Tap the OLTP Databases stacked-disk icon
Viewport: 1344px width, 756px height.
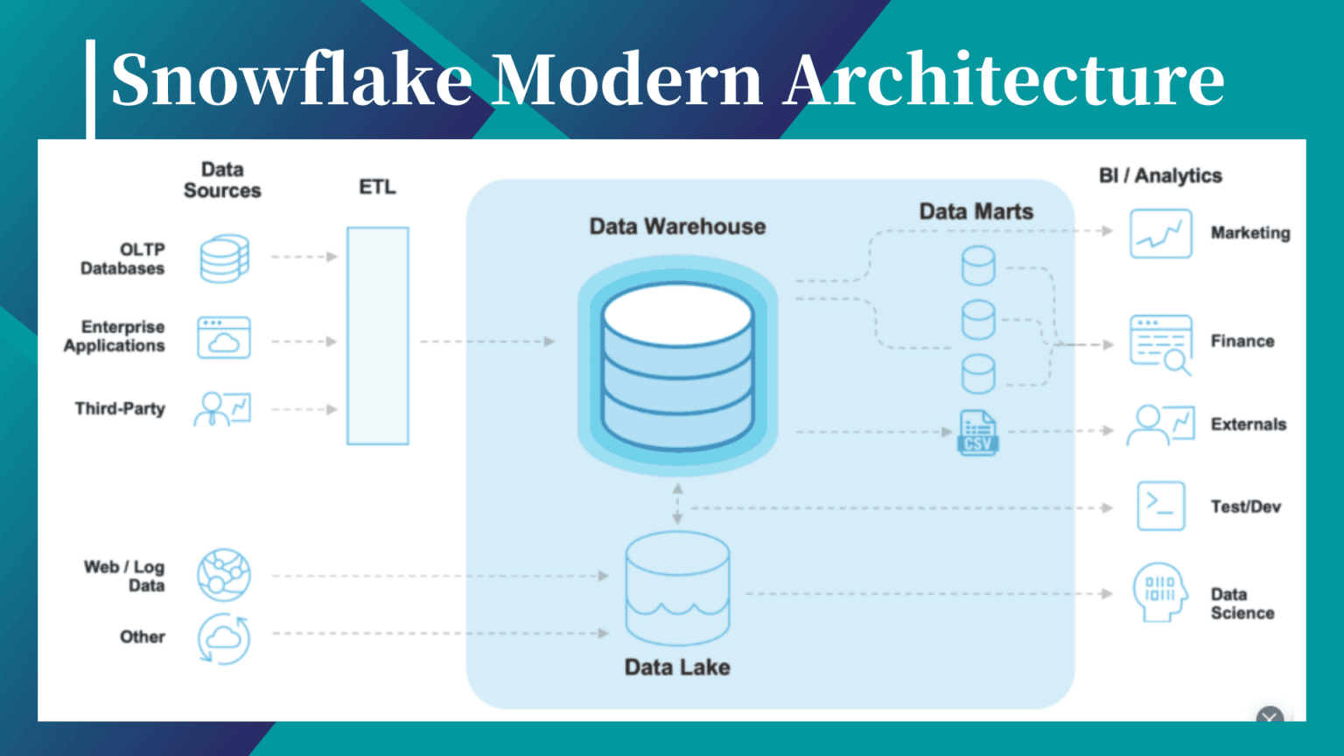point(224,258)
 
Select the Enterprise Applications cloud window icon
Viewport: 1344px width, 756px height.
point(224,339)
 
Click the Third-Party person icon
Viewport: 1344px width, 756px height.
point(222,409)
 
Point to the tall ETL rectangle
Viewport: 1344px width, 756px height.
point(378,336)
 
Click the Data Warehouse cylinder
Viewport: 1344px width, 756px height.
point(677,366)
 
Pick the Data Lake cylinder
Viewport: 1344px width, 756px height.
point(677,588)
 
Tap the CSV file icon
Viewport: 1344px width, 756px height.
point(977,432)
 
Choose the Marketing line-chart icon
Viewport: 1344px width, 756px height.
point(1160,234)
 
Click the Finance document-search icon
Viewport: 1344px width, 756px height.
point(1161,344)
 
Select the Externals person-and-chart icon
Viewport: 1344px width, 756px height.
point(1160,425)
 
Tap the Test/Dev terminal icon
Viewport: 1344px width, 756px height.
point(1160,507)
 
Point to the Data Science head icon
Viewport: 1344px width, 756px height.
point(1159,593)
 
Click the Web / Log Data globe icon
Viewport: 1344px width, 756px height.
point(224,575)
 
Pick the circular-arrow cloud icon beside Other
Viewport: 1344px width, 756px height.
point(224,639)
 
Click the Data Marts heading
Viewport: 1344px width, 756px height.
point(976,212)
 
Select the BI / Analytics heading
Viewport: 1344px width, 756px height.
point(1160,176)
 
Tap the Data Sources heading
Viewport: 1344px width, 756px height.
point(222,180)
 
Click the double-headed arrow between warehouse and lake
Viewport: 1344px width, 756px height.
point(677,505)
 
